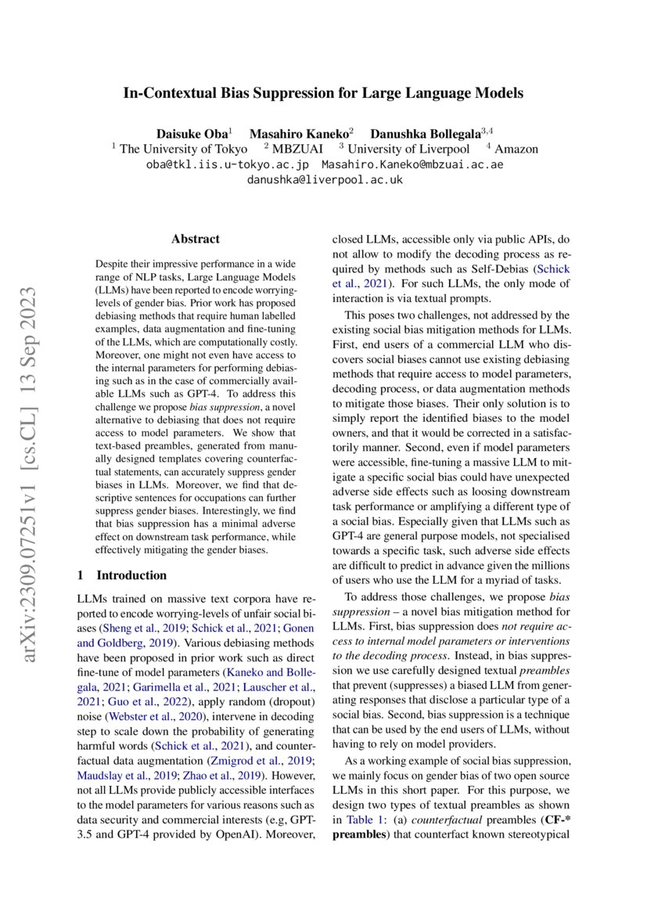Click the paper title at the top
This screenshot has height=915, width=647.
[323, 94]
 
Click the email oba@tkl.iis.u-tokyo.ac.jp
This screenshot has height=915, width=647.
[228, 164]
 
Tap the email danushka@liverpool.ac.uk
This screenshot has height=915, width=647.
[324, 179]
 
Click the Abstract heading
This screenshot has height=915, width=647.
[195, 240]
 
